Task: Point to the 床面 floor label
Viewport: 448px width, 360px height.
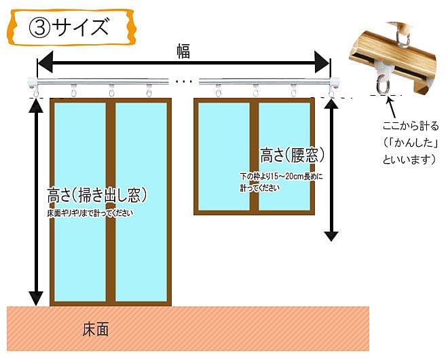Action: [x=96, y=329]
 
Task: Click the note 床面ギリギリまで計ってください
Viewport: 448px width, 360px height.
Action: [x=90, y=213]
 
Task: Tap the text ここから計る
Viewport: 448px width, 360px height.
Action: [x=409, y=126]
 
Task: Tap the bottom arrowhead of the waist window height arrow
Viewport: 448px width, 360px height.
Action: [x=331, y=236]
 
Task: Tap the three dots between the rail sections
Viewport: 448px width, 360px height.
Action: [x=184, y=82]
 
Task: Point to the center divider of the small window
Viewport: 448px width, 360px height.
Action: [x=254, y=156]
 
